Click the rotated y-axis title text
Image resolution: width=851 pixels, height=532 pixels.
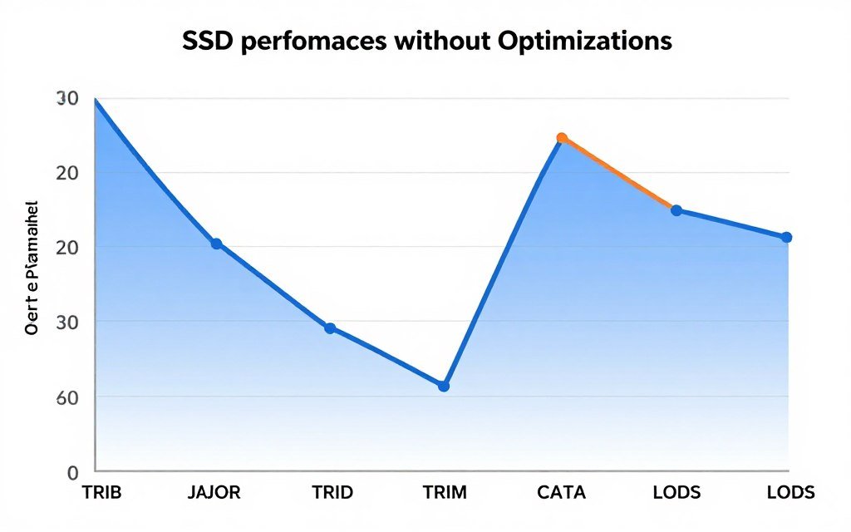(32, 267)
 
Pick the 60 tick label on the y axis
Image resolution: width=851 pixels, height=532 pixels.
(66, 397)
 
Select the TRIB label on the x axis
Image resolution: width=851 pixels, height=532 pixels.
(101, 492)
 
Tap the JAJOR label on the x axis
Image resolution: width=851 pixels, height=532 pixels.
(214, 492)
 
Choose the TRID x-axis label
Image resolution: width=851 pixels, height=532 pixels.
(332, 492)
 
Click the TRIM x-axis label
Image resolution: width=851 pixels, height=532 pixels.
(444, 492)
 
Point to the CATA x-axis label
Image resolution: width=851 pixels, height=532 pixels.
(562, 492)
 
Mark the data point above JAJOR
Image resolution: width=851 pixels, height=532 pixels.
(216, 244)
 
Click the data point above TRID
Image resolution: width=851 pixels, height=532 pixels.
(330, 328)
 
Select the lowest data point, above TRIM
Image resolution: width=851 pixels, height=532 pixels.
(444, 387)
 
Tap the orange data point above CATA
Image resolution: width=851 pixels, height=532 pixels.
(562, 138)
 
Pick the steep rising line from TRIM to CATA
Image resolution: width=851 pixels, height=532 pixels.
(503, 262)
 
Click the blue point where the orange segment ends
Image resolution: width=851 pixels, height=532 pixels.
(676, 210)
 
